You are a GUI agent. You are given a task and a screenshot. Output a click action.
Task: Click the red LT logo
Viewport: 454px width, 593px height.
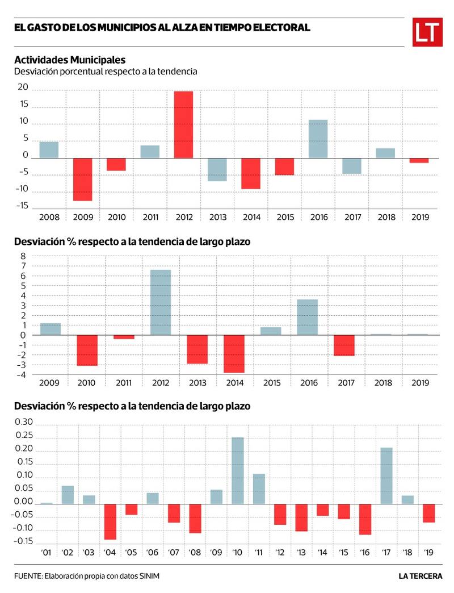tap(427, 32)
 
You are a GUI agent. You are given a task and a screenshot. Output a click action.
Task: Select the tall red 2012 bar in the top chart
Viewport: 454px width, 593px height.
tap(183, 124)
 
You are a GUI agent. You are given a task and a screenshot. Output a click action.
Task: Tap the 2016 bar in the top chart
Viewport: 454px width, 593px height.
tap(318, 139)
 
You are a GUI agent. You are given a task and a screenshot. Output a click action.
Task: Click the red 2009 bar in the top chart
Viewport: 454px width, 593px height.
tap(82, 179)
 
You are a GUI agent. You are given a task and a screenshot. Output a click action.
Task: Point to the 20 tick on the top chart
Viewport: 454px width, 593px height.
tap(23, 87)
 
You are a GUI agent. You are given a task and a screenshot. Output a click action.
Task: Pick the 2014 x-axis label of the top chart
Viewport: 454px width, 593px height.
tap(250, 217)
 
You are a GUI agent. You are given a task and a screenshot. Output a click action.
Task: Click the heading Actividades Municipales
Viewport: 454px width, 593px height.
tap(70, 60)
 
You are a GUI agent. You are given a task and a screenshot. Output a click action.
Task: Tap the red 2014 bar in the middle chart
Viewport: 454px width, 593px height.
tap(234, 353)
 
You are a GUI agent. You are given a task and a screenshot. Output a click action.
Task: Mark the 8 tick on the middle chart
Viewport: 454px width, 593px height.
tap(24, 256)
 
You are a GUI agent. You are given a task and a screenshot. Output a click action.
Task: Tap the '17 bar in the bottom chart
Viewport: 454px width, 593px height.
tap(386, 475)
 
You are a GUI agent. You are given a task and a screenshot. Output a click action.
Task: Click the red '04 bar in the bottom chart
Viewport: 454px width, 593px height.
tap(110, 521)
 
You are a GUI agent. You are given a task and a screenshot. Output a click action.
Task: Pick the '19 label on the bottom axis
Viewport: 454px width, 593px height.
tap(429, 552)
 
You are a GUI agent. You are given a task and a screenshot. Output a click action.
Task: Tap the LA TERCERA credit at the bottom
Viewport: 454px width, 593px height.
tap(421, 577)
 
